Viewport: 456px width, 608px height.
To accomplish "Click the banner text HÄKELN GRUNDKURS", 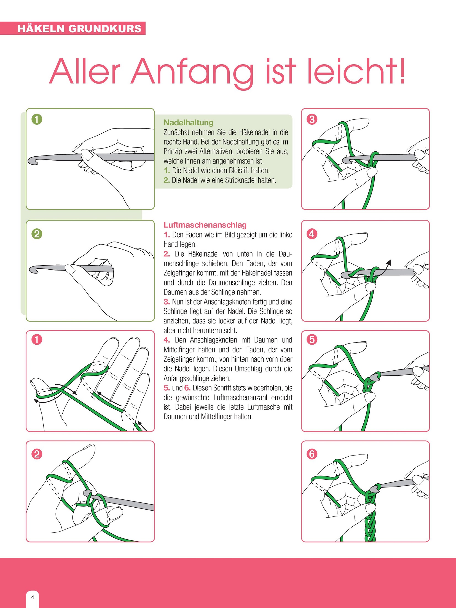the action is (x=79, y=29).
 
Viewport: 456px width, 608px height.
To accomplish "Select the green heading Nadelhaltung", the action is (x=188, y=122).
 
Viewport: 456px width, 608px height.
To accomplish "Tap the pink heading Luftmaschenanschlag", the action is (x=205, y=225).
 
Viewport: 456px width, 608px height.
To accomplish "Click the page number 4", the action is (x=33, y=597).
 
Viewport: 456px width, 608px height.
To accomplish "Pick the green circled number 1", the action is (x=37, y=119).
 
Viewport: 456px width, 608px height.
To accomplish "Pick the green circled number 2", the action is (x=37, y=234).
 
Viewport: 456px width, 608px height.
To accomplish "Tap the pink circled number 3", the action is (x=312, y=119).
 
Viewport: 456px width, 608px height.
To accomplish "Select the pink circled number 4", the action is (x=312, y=234).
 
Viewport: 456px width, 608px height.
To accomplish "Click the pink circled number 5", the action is (x=312, y=339).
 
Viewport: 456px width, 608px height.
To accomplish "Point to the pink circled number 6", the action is (x=312, y=454).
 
